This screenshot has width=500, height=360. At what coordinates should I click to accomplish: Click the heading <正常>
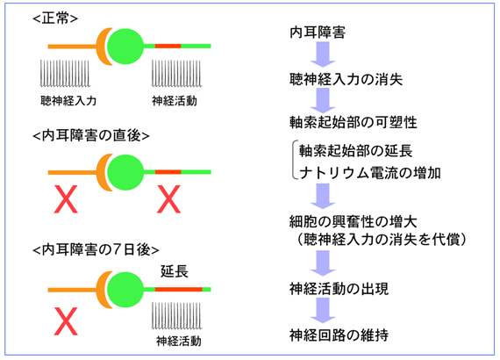pos(55,18)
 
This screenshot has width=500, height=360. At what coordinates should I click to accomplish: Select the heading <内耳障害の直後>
pos(91,135)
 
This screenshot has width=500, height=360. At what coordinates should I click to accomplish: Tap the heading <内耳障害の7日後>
pos(96,249)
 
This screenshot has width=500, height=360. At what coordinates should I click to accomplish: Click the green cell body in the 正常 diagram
pos(125,47)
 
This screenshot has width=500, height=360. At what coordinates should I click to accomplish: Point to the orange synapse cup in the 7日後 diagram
pos(103,290)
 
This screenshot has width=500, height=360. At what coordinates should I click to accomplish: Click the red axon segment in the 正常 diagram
pos(168,46)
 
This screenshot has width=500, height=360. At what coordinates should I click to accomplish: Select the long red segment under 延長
pos(179,290)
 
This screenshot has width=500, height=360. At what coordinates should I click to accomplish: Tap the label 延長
pos(175,271)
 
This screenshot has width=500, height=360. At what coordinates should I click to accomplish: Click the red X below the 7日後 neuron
pos(66,321)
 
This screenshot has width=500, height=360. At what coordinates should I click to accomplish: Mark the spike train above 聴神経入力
pos(65,73)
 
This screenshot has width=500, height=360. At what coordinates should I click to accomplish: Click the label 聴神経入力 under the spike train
pos(68,101)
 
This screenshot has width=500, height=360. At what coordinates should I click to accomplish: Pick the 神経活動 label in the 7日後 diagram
pos(179,342)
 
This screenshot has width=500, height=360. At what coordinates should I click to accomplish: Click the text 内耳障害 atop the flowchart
pos(318,32)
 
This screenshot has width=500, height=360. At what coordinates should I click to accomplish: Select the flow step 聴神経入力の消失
pos(346,80)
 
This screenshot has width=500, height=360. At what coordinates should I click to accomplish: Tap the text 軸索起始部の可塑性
pos(353,122)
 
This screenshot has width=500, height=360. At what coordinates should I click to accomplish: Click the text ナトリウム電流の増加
pos(370,173)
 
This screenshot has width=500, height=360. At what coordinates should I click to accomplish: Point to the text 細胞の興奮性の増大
pos(353,221)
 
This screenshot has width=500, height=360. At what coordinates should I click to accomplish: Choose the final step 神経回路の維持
pos(339,335)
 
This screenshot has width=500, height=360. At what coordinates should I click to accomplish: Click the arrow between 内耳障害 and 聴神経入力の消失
pos(323,54)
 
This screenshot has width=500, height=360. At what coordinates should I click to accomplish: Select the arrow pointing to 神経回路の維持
pos(323,310)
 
